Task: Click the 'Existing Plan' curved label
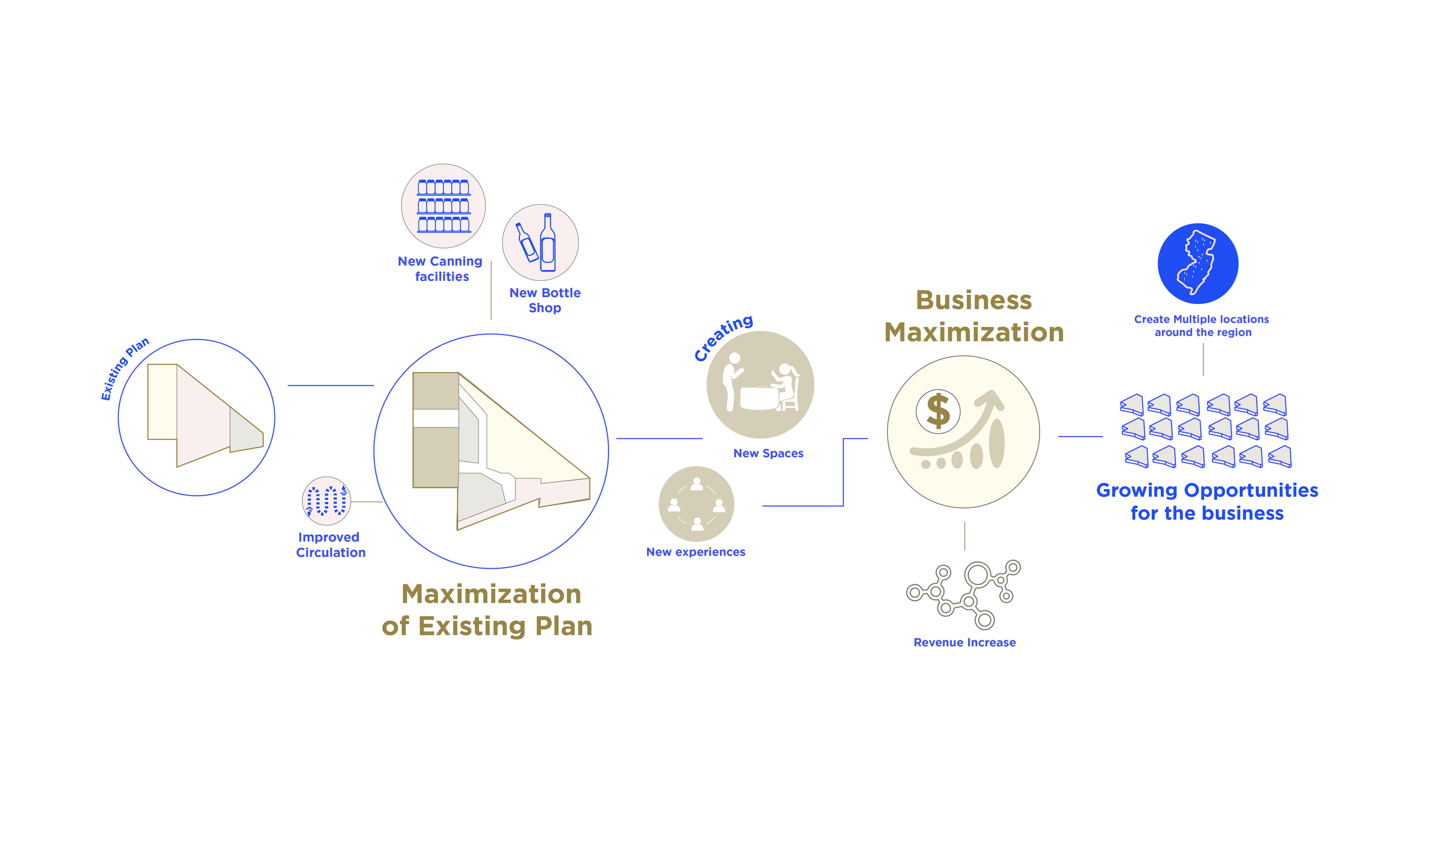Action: [125, 367]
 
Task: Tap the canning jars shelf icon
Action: [443, 206]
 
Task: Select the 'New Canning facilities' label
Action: [440, 269]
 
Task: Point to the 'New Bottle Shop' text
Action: [545, 300]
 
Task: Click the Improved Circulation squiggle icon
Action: [327, 500]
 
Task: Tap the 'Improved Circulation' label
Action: [330, 545]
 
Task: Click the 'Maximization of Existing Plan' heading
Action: [488, 610]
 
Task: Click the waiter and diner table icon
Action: [760, 385]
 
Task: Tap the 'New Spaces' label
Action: [768, 453]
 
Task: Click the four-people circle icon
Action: [696, 504]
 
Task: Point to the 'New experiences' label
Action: [696, 552]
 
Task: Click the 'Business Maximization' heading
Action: [974, 316]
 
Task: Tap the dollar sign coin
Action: [938, 411]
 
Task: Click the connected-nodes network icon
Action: [963, 594]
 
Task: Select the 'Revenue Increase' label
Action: [965, 643]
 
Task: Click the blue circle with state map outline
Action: [1198, 264]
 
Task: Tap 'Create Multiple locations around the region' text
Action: [1202, 326]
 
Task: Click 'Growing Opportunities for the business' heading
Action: [1207, 501]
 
